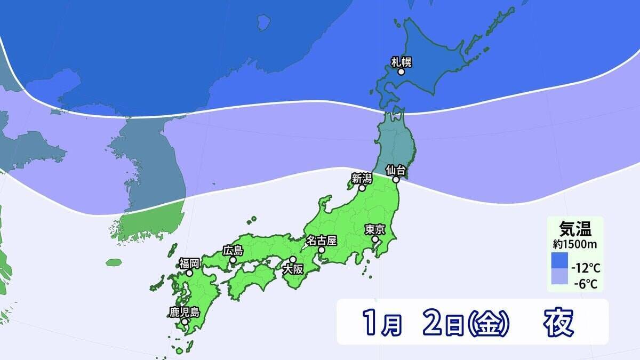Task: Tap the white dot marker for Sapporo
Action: [x=401, y=71]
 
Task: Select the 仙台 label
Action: [x=397, y=171]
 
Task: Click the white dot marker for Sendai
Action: [x=396, y=180]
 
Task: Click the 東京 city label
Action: [x=375, y=230]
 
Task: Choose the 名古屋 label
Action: [x=321, y=240]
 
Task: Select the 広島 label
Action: [x=233, y=250]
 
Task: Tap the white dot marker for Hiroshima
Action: [x=233, y=260]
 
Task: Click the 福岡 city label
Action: [x=189, y=263]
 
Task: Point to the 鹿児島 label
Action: [x=184, y=312]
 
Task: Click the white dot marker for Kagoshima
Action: [x=184, y=322]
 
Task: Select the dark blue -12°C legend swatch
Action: [x=559, y=260]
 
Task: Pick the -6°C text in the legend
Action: [x=585, y=284]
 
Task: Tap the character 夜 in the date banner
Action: [x=559, y=322]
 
